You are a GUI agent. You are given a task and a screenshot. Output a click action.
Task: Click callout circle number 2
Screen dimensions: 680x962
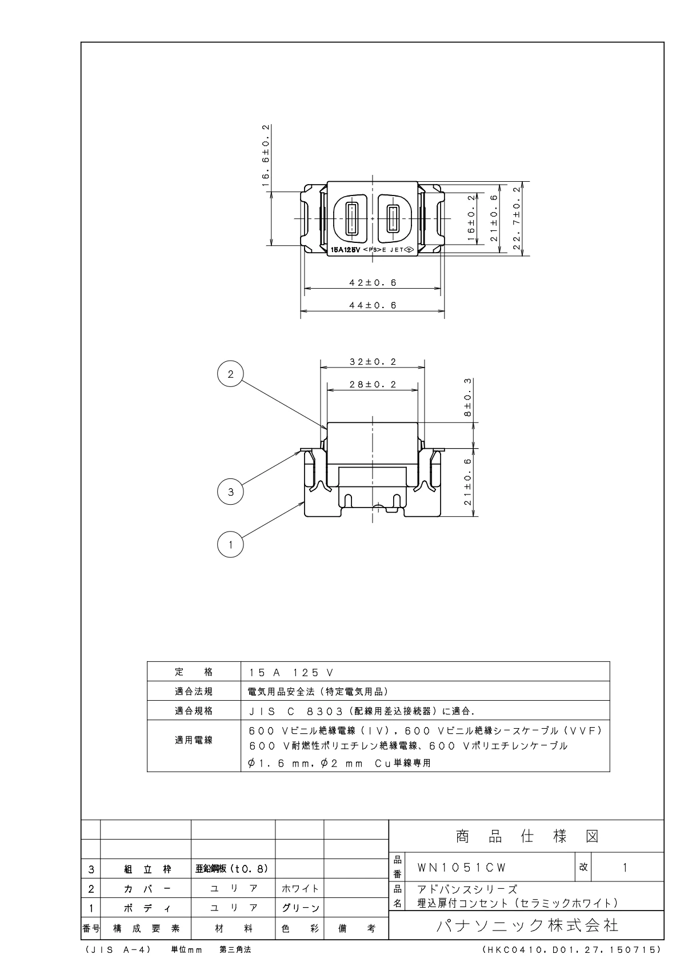pos(230,374)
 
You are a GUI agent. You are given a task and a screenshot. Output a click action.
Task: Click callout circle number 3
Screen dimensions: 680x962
pos(230,492)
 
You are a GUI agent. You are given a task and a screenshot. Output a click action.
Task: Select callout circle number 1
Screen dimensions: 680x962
pos(230,545)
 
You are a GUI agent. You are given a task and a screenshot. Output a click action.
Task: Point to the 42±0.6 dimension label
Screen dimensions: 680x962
pos(373,282)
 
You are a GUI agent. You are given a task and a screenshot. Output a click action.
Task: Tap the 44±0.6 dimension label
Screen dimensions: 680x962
pos(373,305)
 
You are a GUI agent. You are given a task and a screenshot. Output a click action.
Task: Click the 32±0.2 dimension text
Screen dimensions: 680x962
pos(373,362)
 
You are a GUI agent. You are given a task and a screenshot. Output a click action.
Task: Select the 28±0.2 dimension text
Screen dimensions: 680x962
pos(373,384)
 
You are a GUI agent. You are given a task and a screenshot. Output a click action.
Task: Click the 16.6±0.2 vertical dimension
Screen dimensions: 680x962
pos(266,155)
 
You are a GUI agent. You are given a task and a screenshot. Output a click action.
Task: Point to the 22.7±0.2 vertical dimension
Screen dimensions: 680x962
pos(517,218)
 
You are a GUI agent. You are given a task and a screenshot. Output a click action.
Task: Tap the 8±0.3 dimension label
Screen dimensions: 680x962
pos(467,397)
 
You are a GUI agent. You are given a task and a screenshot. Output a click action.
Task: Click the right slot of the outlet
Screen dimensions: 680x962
pos(393,218)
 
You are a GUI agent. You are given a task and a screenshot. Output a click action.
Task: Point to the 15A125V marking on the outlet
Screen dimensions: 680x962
pos(345,250)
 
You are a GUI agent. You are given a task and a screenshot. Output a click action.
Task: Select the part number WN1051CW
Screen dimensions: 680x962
pos(462,868)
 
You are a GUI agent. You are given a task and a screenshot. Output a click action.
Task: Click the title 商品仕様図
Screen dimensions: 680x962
pos(527,836)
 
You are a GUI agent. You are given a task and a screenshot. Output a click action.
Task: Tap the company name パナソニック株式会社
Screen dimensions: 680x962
pos(527,925)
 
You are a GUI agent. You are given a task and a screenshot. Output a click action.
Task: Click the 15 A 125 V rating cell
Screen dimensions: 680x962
pos(291,673)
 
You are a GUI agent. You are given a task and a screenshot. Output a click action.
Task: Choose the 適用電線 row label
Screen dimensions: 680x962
pos(194,740)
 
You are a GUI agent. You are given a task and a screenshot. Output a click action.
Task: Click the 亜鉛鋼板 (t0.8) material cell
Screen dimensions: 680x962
pos(232,869)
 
